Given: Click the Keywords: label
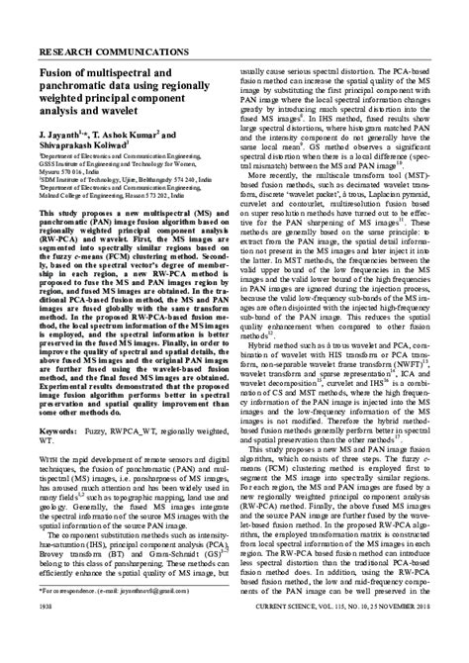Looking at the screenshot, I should tap(61, 432).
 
